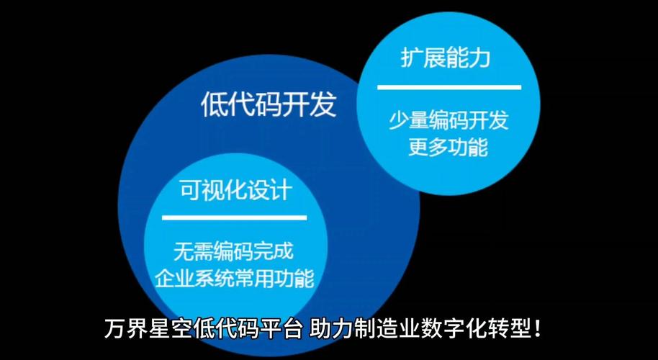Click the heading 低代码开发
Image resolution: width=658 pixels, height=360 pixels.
pos(269,105)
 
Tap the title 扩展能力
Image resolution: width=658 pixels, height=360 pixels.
pos(446,58)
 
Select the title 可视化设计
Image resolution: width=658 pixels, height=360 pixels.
pos(235,190)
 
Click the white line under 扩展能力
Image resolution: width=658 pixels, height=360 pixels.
pos(449,87)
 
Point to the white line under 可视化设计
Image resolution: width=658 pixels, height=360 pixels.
pos(235,217)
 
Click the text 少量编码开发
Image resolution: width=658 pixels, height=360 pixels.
pos(449,120)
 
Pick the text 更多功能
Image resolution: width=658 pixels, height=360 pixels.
pos(448,147)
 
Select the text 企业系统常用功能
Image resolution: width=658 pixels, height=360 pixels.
pos(235,277)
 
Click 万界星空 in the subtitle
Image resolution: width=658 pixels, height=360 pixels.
pos(148,330)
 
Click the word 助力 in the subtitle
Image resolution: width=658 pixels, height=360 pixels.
pos(330,330)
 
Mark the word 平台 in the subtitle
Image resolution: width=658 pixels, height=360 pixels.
pos(284,330)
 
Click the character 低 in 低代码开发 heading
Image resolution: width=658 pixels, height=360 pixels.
pos(215,105)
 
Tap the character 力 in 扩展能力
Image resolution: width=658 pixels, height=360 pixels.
pos(479,58)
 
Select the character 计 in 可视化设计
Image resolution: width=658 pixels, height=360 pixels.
pos(279,190)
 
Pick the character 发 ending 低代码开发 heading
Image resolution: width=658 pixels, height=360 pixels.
pos(323,105)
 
